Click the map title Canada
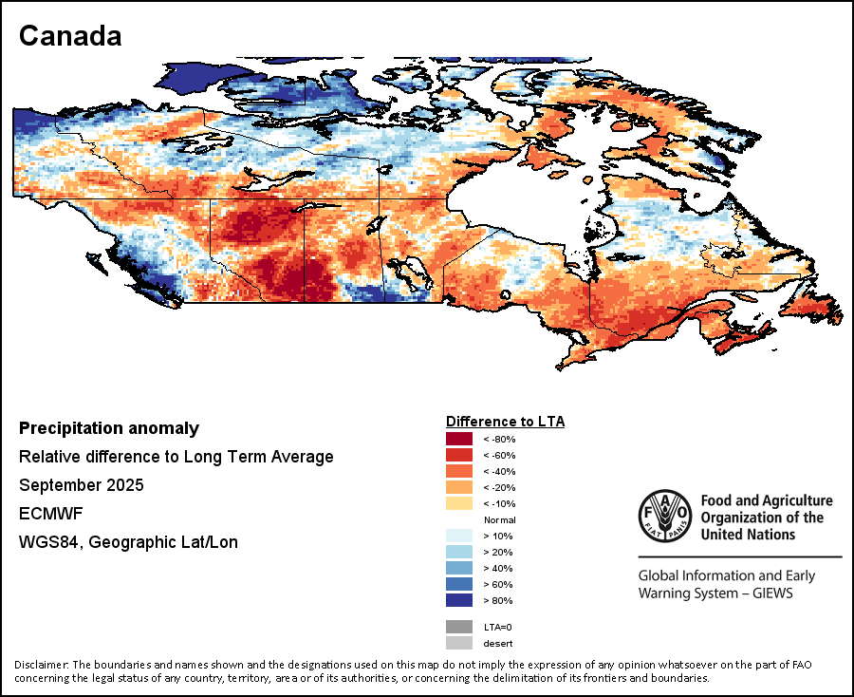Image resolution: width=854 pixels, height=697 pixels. pos(70,36)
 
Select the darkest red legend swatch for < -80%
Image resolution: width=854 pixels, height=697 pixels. pos(459,439)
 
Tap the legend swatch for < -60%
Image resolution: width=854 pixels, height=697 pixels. pos(459,455)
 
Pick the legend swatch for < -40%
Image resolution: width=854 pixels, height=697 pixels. pos(459,471)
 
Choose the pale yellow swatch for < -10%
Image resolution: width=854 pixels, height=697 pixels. pos(459,503)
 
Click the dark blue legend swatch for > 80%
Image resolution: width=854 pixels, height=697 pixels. pos(459,600)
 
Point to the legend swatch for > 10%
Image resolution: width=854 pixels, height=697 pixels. pos(459,536)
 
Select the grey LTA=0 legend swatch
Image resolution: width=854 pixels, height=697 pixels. pos(459,627)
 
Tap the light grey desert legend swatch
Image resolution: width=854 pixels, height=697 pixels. pos(459,643)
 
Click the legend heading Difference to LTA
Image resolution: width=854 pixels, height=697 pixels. pos(505,421)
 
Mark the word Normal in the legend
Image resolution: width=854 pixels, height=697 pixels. pos(499,519)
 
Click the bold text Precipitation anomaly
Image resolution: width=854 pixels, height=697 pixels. pos(109,428)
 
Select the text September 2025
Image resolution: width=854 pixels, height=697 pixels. pos(82,485)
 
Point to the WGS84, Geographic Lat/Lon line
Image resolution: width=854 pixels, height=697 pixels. pos(128,542)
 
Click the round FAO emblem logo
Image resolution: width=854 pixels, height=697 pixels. pos(665,518)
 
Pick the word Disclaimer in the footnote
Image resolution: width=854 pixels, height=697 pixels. pos(42,664)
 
